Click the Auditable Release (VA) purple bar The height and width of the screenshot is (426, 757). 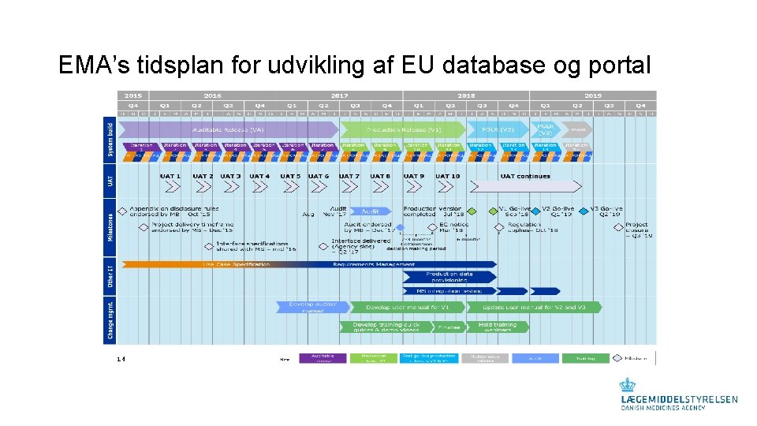(229, 129)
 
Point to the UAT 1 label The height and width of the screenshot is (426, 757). (170, 176)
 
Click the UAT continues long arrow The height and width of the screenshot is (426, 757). (528, 186)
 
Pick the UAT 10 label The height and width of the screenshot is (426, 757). (447, 176)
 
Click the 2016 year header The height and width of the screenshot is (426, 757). (212, 95)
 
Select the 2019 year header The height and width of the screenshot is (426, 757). (592, 95)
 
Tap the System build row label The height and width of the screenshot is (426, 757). (110, 140)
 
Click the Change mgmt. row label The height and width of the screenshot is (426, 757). (110, 319)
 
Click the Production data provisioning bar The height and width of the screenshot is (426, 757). (449, 277)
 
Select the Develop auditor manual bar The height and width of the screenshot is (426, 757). (312, 307)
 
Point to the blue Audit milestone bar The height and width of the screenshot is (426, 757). (371, 211)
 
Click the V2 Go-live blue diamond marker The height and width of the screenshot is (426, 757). (535, 211)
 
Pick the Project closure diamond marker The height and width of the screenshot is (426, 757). (619, 226)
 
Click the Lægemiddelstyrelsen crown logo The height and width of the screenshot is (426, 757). (627, 385)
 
